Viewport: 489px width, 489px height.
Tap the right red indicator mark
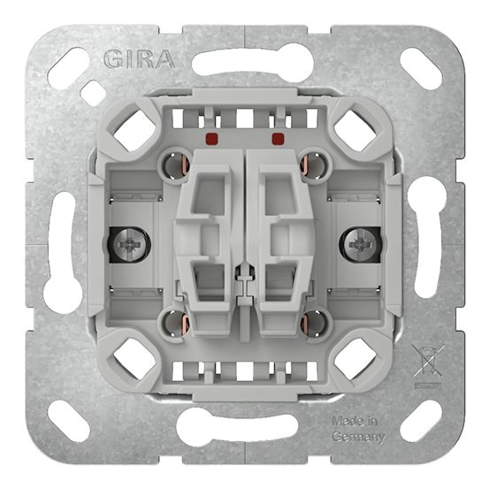278,139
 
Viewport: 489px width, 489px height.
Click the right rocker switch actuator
279,241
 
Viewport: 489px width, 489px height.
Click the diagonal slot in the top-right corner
421,67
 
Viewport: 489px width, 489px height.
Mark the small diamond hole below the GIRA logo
93,93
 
